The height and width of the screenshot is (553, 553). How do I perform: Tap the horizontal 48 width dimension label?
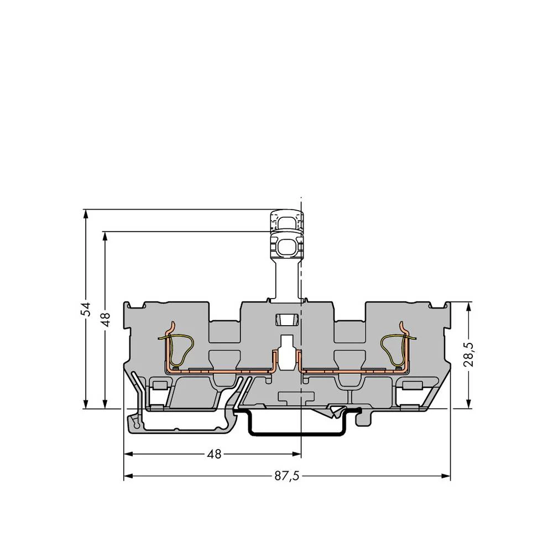tap(213, 455)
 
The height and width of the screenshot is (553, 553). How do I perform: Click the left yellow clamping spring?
tap(177, 347)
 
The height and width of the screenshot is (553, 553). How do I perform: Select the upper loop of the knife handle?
tap(286, 222)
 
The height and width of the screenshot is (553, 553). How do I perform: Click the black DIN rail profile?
tap(299, 431)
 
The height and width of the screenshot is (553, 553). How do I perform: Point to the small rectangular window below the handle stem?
tap(286, 320)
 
